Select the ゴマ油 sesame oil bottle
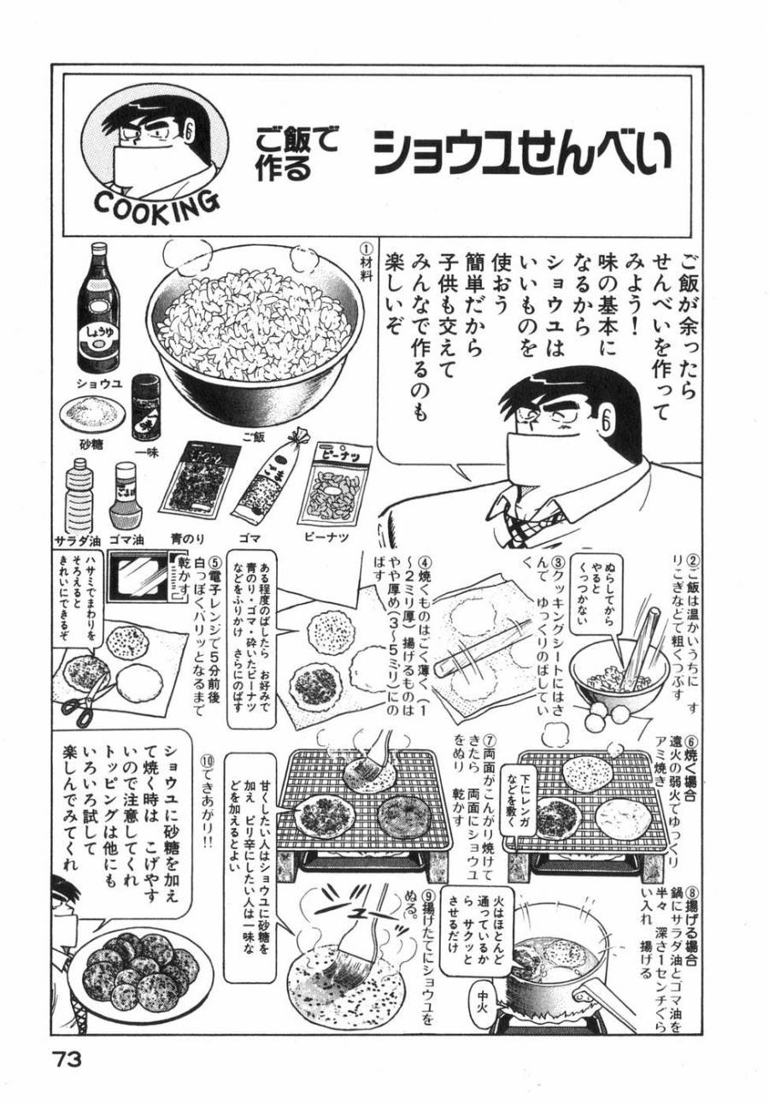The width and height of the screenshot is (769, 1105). (126, 495)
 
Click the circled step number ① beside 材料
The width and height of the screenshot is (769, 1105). (367, 249)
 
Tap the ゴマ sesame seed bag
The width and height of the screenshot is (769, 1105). (261, 483)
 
